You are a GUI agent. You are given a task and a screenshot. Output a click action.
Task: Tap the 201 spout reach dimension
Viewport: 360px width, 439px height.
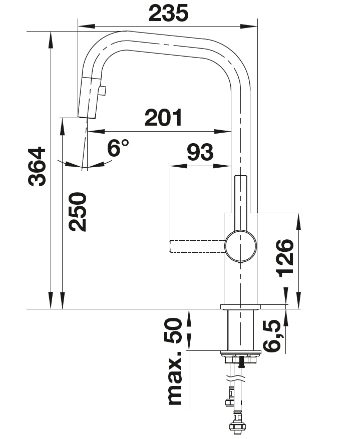coord(164,118)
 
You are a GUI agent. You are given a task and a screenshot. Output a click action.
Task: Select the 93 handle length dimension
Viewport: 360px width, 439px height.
coord(200,152)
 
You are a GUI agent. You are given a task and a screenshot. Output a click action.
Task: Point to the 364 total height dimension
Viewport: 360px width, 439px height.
coord(37,167)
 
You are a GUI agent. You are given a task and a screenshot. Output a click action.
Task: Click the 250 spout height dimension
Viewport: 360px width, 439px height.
coord(78,211)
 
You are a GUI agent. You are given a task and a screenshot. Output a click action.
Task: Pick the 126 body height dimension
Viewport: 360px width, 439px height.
coord(285,257)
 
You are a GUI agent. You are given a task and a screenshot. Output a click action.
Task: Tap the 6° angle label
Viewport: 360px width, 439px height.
coord(118,148)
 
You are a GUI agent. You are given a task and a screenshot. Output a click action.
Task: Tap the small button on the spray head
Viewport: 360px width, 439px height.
coord(103,91)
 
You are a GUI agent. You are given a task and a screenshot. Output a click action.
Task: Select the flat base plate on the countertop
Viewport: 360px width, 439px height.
coord(240,306)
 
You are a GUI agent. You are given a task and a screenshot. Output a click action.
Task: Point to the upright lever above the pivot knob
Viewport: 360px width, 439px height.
coord(240,200)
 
